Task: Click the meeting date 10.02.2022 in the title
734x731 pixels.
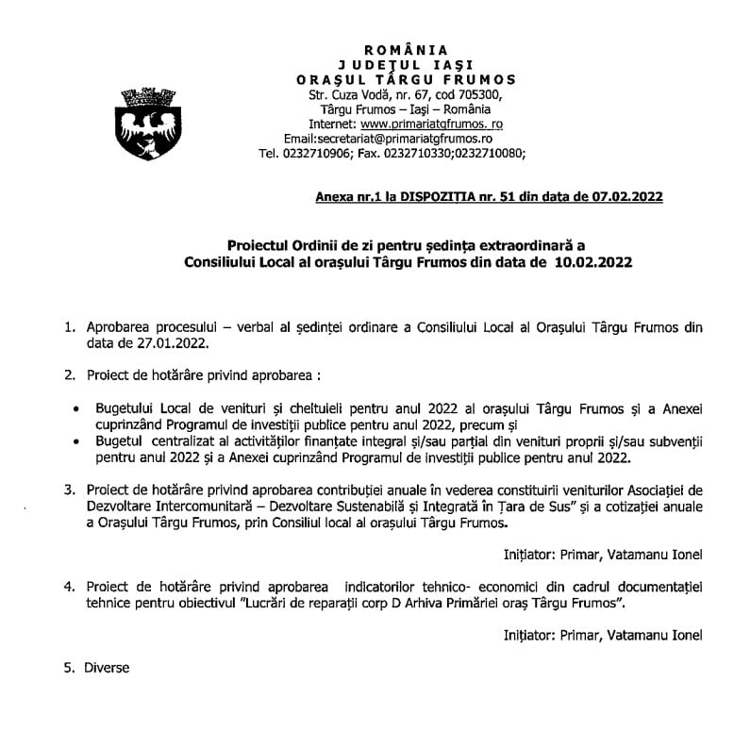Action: tap(593, 260)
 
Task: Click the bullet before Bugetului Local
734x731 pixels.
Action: tap(76, 408)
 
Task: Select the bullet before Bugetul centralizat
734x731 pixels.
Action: tap(76, 441)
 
